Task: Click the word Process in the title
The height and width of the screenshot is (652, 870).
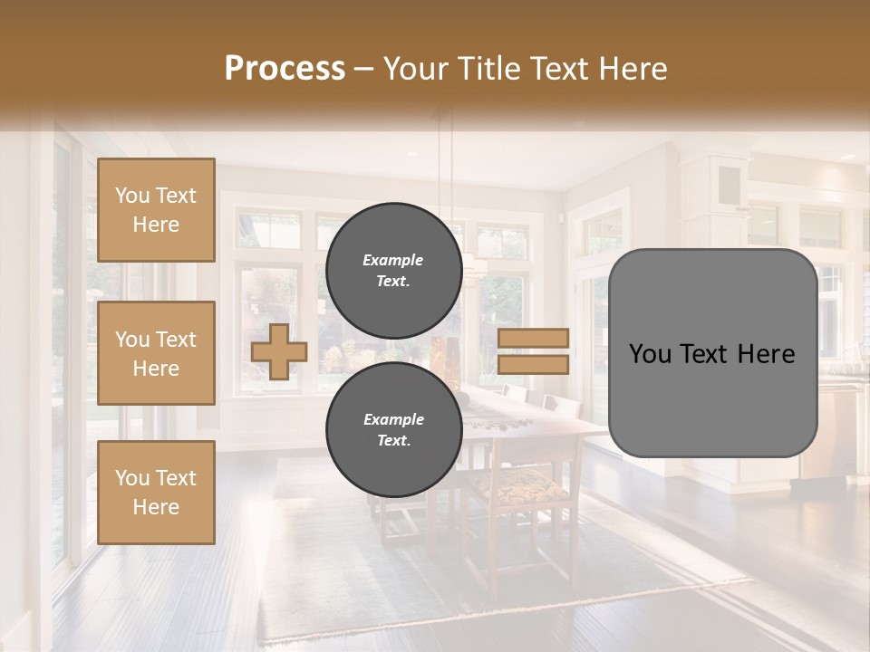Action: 285,69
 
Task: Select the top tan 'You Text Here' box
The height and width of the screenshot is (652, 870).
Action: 156,210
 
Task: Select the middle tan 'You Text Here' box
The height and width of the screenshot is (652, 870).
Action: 156,353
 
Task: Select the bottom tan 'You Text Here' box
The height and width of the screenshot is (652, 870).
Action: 156,493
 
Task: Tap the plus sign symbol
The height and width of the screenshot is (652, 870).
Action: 279,351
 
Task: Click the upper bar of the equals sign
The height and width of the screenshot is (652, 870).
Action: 534,338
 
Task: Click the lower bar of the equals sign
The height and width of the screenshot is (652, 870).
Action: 534,364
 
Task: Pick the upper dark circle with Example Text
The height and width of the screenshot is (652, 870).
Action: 393,270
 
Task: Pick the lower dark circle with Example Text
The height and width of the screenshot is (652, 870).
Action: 393,430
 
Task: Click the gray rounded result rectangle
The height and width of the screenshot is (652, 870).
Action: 712,398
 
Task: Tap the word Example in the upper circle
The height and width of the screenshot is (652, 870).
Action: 393,260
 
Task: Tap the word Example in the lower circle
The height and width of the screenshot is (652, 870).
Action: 393,419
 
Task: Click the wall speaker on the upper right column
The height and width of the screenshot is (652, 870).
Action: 729,186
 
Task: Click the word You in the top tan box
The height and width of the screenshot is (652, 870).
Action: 132,196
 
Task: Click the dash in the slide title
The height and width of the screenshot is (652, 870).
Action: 364,69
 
